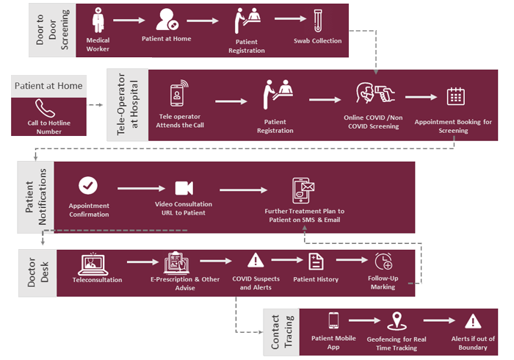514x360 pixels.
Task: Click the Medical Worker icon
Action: tap(98, 20)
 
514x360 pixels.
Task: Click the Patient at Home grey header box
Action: tap(48, 86)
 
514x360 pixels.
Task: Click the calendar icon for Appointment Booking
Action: tap(455, 96)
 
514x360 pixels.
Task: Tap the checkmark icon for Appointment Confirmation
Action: tap(88, 186)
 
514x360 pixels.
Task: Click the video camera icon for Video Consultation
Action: tap(183, 187)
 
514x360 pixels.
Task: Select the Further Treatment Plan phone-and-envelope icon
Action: tap(303, 190)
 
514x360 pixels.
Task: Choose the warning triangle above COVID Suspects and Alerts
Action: tap(255, 260)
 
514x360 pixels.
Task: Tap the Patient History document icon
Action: tap(315, 261)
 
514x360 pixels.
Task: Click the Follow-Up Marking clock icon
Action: tap(383, 261)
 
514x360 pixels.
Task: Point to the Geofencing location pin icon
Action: tap(399, 320)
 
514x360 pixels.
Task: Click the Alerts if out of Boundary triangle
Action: tap(473, 320)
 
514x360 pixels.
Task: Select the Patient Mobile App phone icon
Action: tap(333, 320)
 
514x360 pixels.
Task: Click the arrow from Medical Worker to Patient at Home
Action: tap(129, 22)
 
